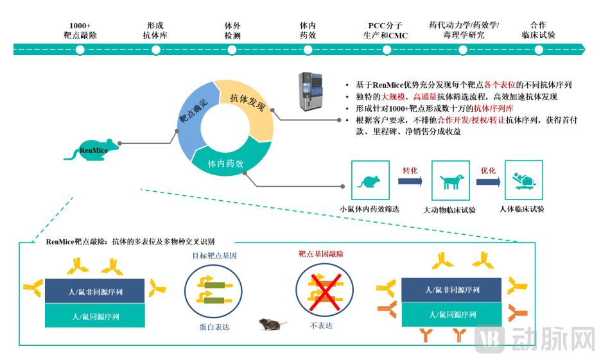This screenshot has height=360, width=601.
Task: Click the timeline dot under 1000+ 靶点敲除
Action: (80, 50)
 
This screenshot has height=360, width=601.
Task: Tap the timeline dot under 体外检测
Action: (232, 50)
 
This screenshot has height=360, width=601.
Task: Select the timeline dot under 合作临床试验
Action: (539, 50)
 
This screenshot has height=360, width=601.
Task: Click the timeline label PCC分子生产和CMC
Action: (385, 31)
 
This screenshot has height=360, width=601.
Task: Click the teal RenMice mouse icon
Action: (92, 150)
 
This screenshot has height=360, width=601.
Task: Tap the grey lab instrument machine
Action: (311, 91)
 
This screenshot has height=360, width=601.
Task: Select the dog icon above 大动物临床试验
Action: (451, 181)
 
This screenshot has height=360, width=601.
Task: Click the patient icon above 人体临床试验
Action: (523, 180)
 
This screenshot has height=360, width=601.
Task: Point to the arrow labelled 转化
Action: (410, 181)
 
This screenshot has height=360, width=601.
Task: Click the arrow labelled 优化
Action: (488, 181)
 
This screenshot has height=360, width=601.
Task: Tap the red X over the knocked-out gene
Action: (324, 292)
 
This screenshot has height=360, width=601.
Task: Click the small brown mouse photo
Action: (272, 324)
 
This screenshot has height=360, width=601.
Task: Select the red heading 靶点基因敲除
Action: (321, 254)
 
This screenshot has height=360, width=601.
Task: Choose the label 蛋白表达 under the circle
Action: (214, 327)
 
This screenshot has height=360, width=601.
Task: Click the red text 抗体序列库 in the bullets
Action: (493, 108)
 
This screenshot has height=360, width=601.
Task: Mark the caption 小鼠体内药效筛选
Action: (369, 209)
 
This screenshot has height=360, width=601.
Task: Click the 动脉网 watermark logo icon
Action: (489, 339)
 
